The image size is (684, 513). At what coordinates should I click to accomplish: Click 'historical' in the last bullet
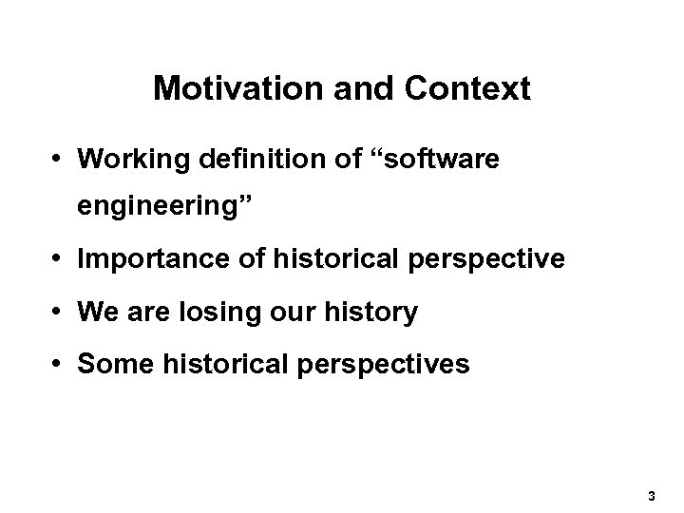tap(219, 365)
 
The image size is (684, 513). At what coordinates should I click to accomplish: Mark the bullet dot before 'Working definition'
tap(60, 159)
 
